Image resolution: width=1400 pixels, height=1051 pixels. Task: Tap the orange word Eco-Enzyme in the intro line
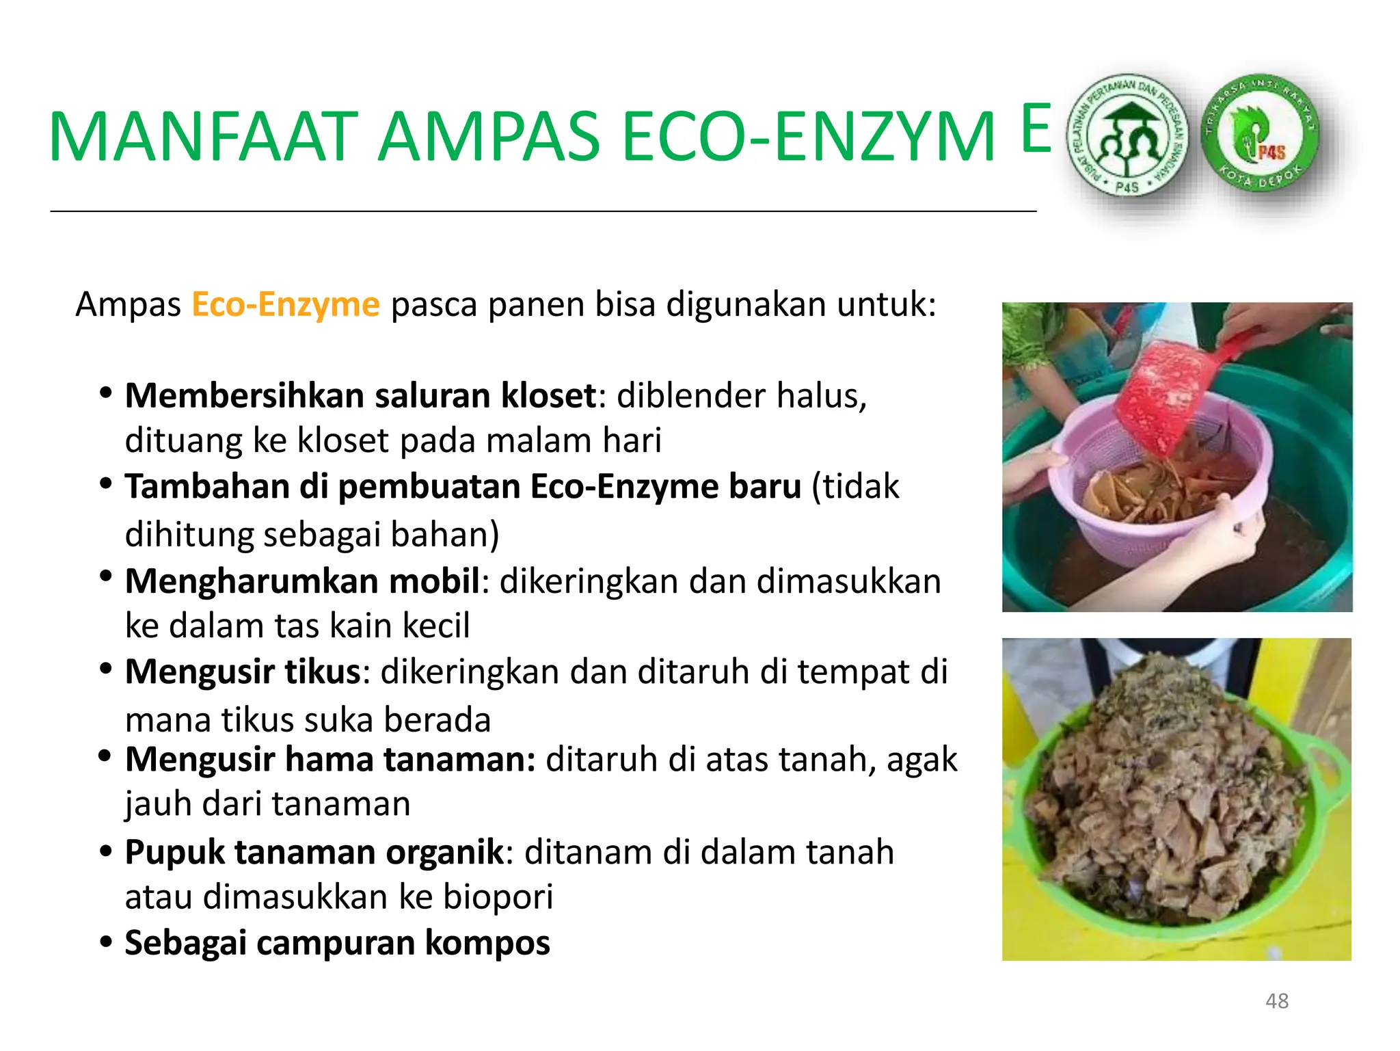(285, 304)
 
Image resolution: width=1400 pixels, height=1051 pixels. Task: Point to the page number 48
(1276, 1001)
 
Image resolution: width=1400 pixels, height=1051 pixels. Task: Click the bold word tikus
(322, 671)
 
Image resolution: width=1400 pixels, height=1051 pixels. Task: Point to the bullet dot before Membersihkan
(105, 393)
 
